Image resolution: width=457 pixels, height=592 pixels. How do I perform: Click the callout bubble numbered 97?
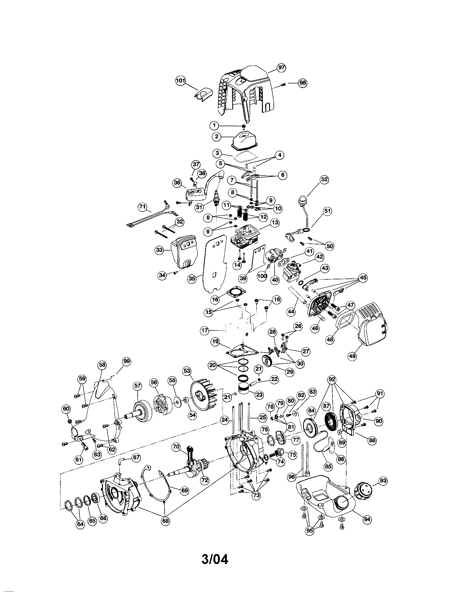point(281,68)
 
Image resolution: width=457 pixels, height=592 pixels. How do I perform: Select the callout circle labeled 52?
point(324,179)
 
